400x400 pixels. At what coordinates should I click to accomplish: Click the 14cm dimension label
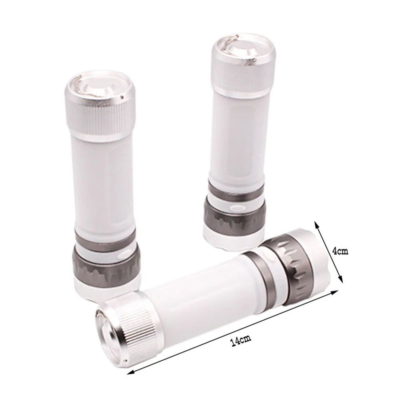[241, 340]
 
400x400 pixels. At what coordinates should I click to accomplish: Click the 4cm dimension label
[340, 251]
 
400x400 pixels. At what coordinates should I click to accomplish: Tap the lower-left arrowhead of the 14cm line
[130, 372]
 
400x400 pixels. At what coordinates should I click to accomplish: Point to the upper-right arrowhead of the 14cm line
[335, 292]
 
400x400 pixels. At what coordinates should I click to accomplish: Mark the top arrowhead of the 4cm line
[316, 225]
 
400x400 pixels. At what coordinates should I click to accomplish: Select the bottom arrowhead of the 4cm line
[341, 279]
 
